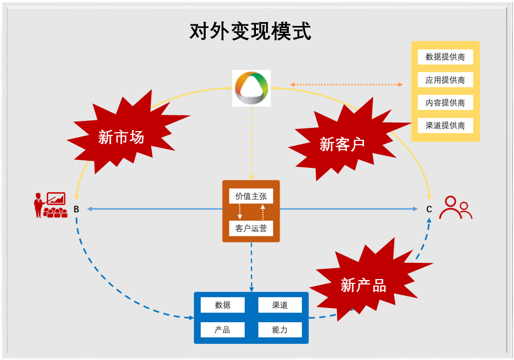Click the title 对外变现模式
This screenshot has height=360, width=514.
(x=251, y=31)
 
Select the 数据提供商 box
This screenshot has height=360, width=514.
(x=445, y=57)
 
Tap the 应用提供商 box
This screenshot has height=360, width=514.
(x=445, y=80)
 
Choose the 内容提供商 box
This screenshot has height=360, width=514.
(x=445, y=103)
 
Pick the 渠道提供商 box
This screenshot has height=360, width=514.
(x=445, y=126)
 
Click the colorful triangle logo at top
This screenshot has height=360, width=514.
(x=251, y=88)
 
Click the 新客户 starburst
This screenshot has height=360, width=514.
(x=342, y=144)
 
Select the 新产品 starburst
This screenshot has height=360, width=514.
(x=363, y=284)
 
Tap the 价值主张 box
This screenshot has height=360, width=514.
(x=251, y=196)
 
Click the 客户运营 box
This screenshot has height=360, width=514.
(x=251, y=228)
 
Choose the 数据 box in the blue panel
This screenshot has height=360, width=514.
(x=222, y=305)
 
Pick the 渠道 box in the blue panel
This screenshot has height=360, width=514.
(x=280, y=305)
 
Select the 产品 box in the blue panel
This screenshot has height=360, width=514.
(x=222, y=330)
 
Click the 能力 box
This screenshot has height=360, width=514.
(x=280, y=330)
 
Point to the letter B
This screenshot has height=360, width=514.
(x=76, y=209)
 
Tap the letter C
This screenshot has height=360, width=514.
(x=429, y=209)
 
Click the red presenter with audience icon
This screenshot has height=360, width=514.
(x=50, y=205)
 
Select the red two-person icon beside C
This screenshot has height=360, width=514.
(x=455, y=207)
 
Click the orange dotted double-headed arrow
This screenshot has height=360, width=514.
(x=346, y=84)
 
